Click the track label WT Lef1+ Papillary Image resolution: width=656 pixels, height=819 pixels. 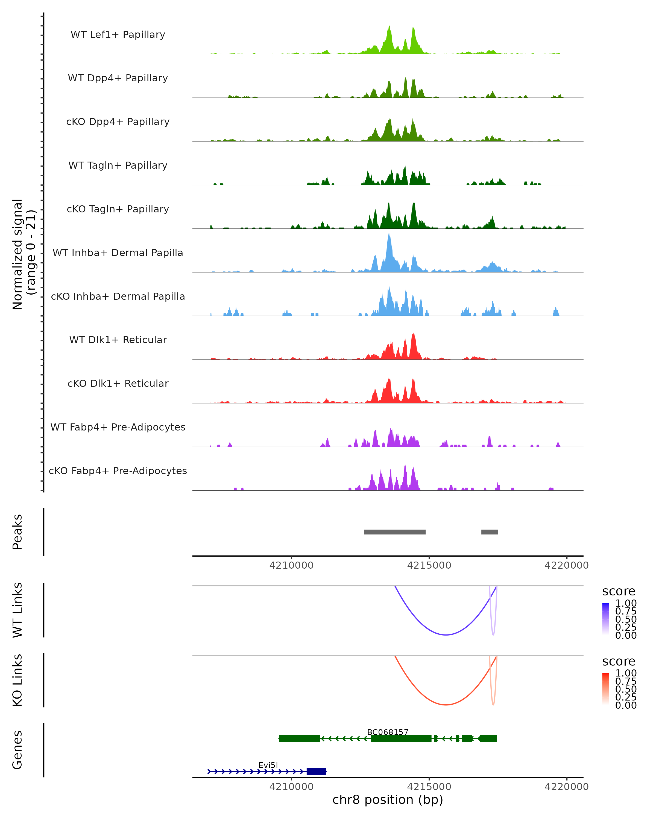point(118,35)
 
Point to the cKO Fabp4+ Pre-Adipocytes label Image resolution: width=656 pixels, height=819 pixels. point(118,471)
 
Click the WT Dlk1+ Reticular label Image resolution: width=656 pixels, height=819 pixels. point(118,340)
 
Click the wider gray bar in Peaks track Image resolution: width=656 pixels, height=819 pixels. point(394,532)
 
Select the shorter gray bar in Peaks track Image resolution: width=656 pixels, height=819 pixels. point(490,532)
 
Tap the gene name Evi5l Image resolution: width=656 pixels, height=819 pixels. point(268,765)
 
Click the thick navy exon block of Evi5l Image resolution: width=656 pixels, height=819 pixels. point(317,771)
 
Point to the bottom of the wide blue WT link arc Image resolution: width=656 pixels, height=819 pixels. point(446,635)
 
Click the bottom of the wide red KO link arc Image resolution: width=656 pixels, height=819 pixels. point(446,705)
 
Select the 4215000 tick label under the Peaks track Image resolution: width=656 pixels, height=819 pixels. point(429,565)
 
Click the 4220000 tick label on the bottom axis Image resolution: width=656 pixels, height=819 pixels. point(566,787)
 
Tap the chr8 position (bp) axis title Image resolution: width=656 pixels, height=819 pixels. point(388,800)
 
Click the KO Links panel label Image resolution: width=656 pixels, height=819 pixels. point(17,680)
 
